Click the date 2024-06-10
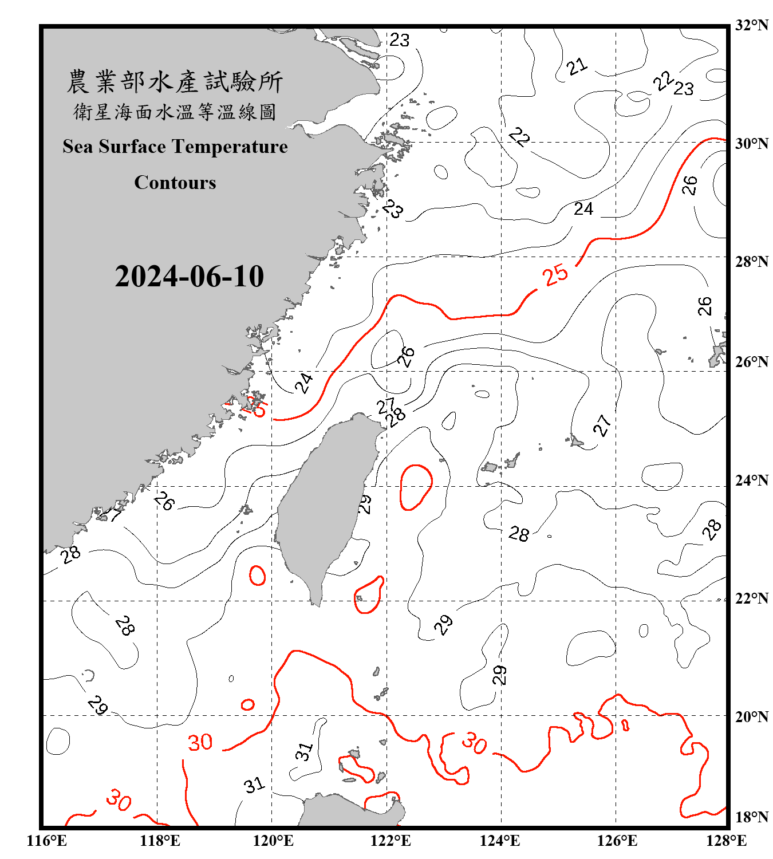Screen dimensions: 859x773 [189, 277]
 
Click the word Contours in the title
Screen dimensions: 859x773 [175, 183]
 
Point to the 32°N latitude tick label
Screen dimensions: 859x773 [751, 25]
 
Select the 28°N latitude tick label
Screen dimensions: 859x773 [751, 262]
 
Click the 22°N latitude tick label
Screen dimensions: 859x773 [751, 598]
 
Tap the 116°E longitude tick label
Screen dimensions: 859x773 [47, 841]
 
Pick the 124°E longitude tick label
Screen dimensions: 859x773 [500, 841]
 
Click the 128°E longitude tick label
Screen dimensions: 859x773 [726, 841]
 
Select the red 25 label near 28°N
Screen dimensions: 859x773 [555, 275]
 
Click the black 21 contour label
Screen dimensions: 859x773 [577, 66]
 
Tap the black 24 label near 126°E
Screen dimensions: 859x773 [583, 209]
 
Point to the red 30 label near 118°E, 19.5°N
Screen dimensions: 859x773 [200, 743]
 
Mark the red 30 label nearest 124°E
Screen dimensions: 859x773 [475, 743]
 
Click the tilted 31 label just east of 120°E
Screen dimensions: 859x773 [305, 751]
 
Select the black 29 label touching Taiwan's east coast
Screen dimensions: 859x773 [365, 504]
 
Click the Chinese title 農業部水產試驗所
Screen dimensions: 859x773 [175, 82]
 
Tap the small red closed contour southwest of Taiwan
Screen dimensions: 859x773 [257, 575]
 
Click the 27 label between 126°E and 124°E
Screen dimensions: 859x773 [602, 425]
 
